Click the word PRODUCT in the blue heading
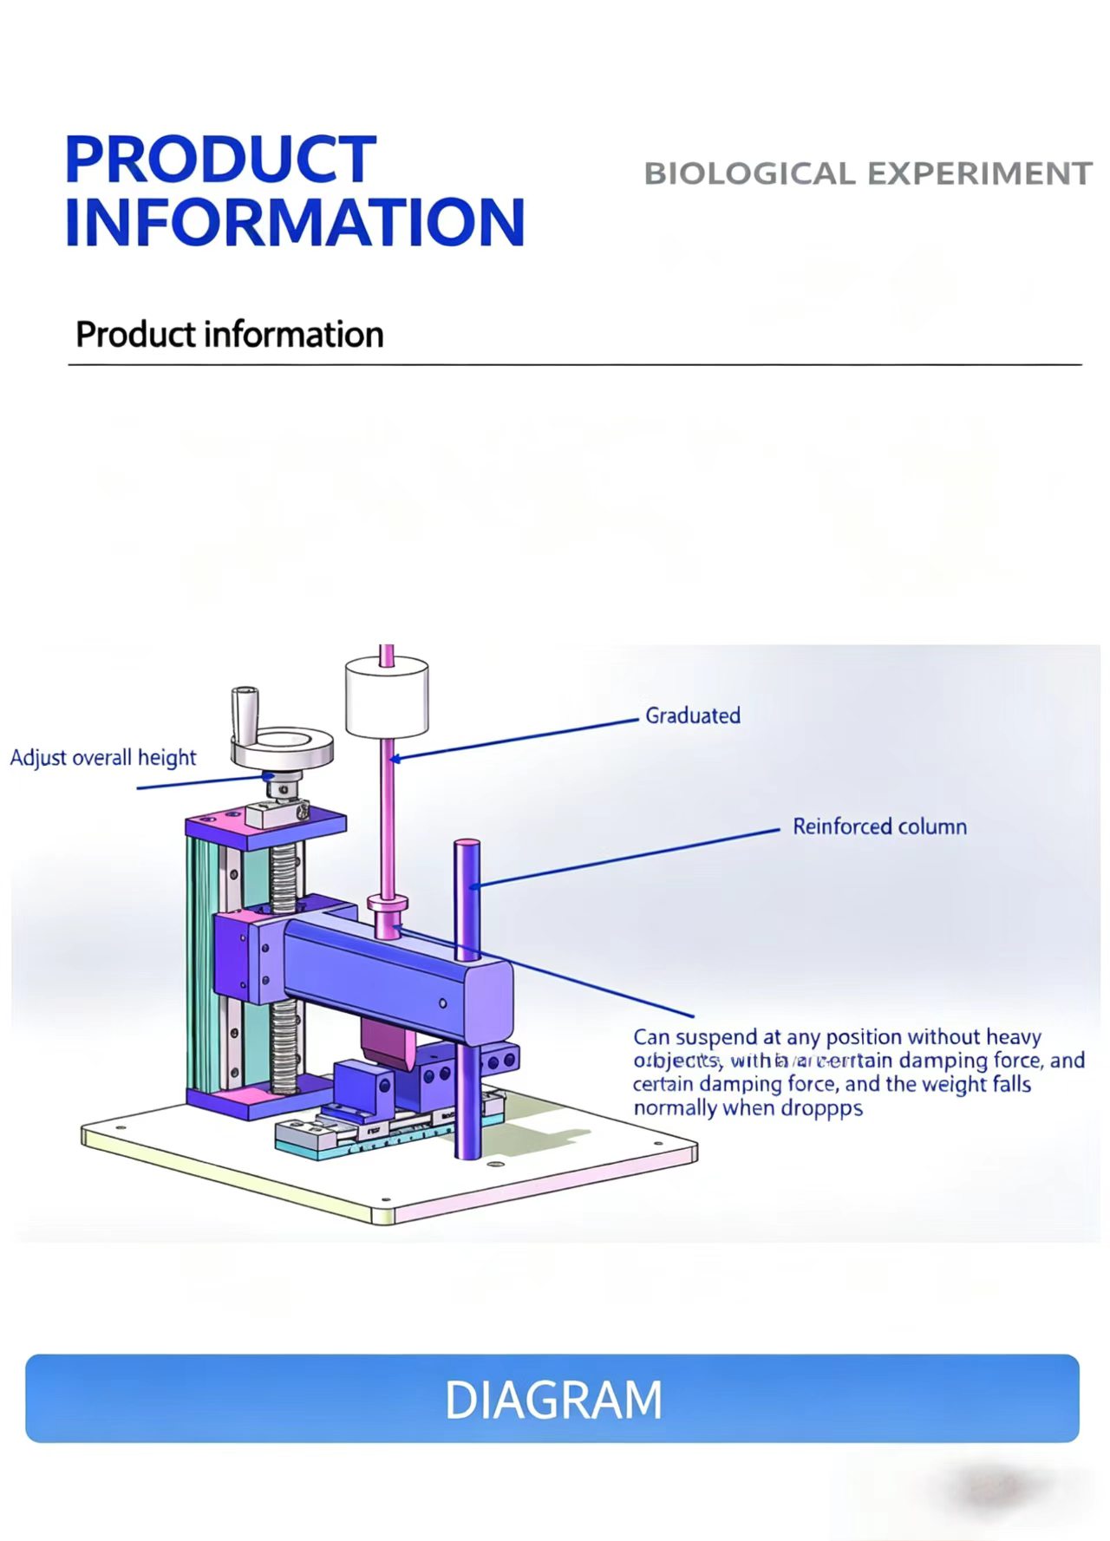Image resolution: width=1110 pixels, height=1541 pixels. tap(220, 160)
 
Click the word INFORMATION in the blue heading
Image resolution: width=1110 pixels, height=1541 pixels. tap(295, 223)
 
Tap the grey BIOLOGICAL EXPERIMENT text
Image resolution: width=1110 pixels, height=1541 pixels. tap(867, 173)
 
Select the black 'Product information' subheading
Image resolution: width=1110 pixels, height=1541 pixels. tap(229, 335)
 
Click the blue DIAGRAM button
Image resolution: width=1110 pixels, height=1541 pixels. tap(552, 1399)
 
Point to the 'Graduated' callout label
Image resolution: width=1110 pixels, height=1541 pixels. tap(692, 716)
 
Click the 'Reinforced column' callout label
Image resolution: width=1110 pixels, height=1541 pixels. tap(879, 826)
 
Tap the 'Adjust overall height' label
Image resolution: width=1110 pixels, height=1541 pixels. tap(102, 758)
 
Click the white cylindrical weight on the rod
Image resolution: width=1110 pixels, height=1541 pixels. tap(387, 696)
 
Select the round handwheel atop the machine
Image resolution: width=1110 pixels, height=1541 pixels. tap(283, 748)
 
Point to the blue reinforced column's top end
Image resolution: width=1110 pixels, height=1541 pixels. tap(467, 846)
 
